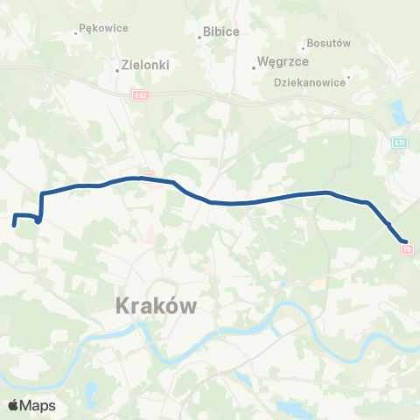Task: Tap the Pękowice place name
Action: pos(104,28)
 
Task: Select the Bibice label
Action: pos(220,31)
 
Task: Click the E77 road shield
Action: pos(400,141)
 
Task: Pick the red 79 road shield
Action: pos(406,249)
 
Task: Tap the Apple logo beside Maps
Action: pos(13,405)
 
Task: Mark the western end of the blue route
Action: pos(14,225)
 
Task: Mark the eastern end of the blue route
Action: pos(405,241)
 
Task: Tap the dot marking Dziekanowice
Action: pos(347,78)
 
